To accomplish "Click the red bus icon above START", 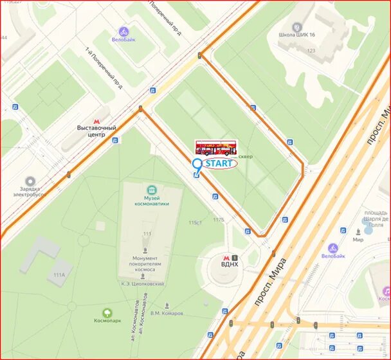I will pyautogui.click(x=216, y=148).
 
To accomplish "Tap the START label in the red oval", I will pyautogui.click(x=219, y=164).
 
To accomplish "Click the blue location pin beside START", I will pyautogui.click(x=197, y=165).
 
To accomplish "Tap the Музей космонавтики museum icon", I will pyautogui.click(x=152, y=190).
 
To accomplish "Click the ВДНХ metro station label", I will pyautogui.click(x=229, y=264).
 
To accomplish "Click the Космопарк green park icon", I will pyautogui.click(x=104, y=311).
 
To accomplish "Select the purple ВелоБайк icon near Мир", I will pyautogui.click(x=333, y=248).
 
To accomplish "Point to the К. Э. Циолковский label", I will pyautogui.click(x=143, y=283).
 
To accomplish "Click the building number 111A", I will pyautogui.click(x=59, y=274).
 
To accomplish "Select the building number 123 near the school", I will pyautogui.click(x=311, y=50).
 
